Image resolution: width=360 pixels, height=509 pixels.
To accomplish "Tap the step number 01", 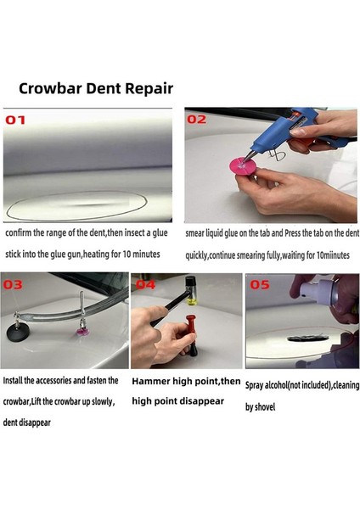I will click(17, 120).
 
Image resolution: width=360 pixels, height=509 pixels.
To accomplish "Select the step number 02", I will click(197, 120).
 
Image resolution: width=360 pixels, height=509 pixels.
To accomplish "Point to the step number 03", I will click(14, 284).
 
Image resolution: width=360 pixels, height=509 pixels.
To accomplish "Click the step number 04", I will click(145, 284).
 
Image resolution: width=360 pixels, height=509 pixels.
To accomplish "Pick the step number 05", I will click(258, 284).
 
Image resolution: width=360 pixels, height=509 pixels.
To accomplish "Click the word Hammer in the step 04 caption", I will click(152, 382).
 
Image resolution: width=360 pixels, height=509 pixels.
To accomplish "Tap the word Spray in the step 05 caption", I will click(257, 384).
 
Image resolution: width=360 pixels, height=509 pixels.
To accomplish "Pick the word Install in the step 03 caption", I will click(17, 381).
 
